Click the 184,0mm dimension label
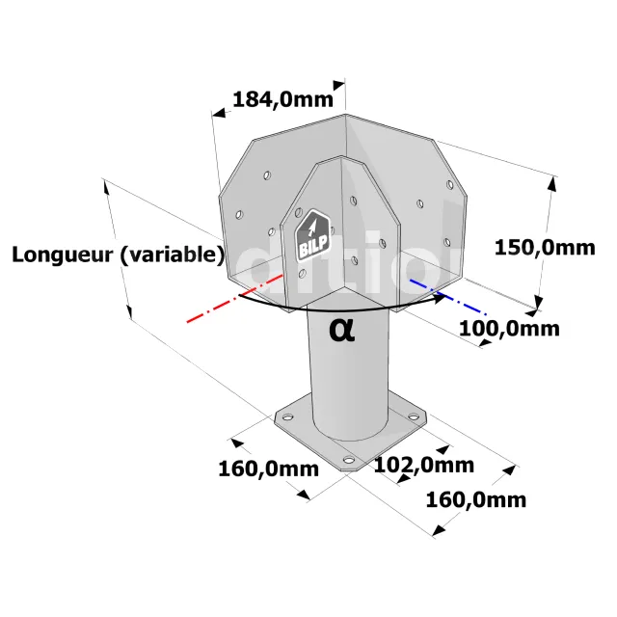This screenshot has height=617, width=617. [x=282, y=99]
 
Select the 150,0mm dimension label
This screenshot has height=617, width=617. [x=545, y=248]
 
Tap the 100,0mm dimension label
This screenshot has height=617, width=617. [x=509, y=329]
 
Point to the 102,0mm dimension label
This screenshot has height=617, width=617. [x=424, y=465]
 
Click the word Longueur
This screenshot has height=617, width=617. [x=62, y=255]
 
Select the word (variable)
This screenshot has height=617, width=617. [x=172, y=255]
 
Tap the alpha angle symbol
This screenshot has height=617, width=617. [x=341, y=330]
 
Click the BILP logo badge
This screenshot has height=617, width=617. [x=312, y=235]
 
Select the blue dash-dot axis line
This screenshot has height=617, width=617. [x=448, y=297]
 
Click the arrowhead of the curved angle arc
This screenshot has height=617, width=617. [x=440, y=298]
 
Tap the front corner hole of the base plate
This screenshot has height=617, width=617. [x=349, y=459]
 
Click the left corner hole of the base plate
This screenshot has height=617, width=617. [x=287, y=416]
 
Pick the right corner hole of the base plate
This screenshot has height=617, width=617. [x=414, y=416]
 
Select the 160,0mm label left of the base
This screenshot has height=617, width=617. [x=268, y=469]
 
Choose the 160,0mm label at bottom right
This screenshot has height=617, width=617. [x=476, y=500]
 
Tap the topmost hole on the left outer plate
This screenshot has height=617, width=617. [x=267, y=175]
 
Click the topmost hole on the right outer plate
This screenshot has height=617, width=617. [x=450, y=184]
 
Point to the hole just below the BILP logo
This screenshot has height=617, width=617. [x=302, y=274]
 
